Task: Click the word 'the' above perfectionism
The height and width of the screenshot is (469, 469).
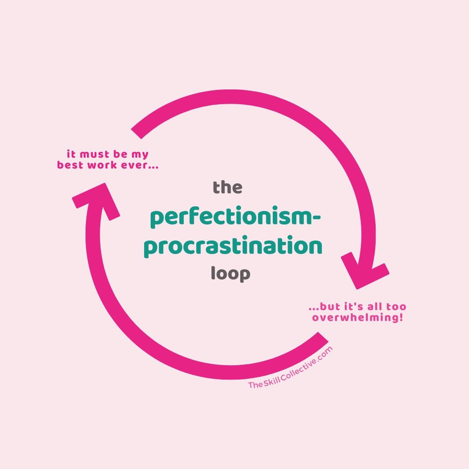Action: [x=227, y=188]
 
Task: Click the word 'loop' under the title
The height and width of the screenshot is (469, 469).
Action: [x=230, y=274]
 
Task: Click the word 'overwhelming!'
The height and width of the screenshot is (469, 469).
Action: [x=357, y=318]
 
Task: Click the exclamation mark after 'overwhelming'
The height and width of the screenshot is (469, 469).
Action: [x=401, y=317]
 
